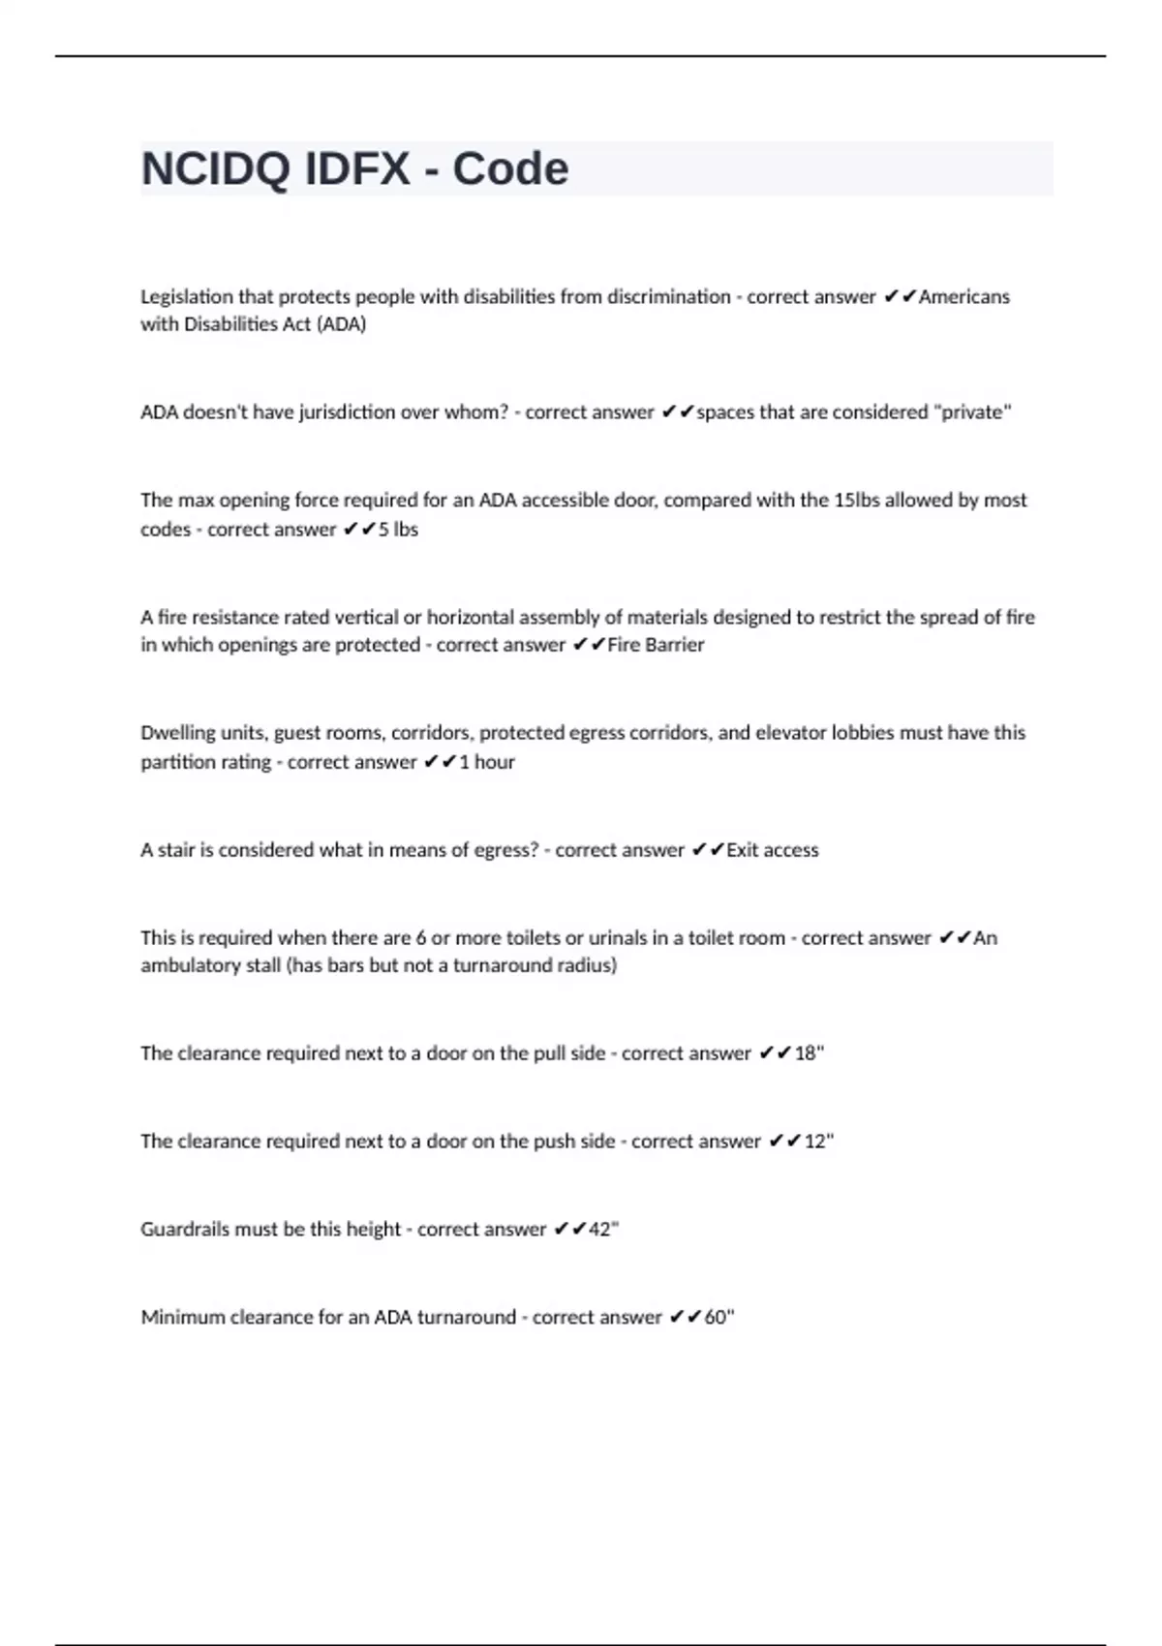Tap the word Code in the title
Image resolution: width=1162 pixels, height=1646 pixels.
click(510, 169)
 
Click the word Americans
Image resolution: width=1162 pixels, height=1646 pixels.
click(963, 296)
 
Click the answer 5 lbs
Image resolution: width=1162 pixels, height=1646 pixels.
click(398, 530)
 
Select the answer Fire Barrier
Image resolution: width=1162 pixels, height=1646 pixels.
click(656, 645)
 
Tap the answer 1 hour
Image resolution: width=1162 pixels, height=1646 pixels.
click(487, 762)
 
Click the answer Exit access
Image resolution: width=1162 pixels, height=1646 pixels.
click(772, 850)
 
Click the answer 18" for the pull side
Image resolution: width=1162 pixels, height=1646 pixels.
click(809, 1053)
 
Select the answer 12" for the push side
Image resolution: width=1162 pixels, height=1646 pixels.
click(818, 1142)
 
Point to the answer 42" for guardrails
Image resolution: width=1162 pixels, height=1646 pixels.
click(603, 1230)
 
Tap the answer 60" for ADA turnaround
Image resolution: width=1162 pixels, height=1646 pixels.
click(719, 1318)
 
